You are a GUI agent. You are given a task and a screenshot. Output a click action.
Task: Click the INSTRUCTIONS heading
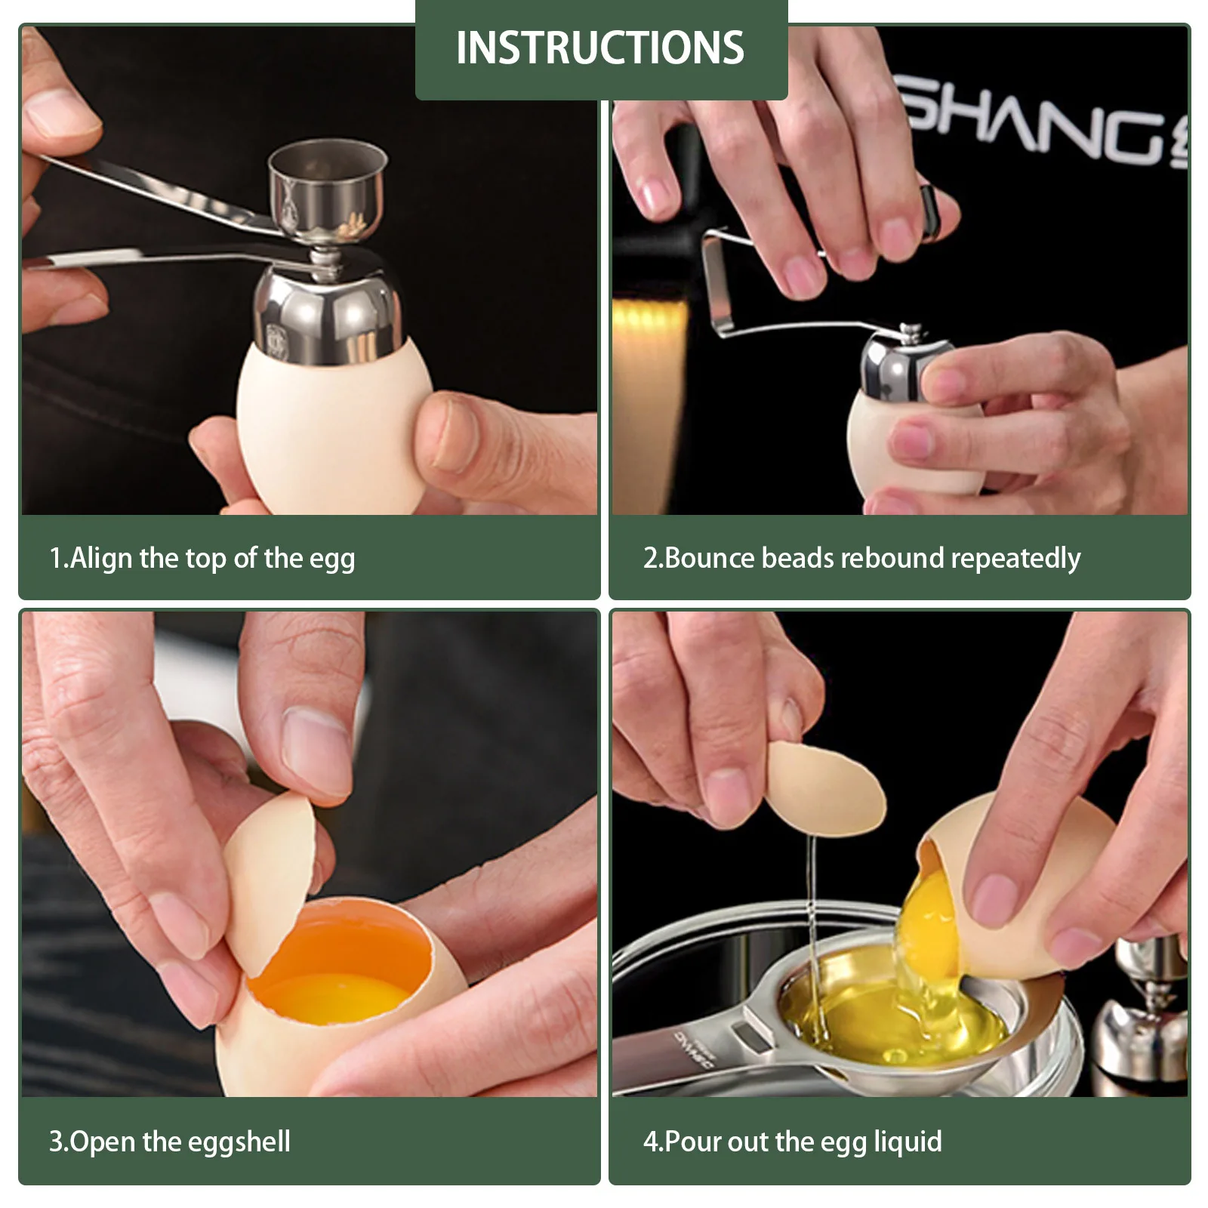pos(600,48)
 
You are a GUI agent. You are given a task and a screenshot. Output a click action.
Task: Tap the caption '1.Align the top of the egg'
pos(202,559)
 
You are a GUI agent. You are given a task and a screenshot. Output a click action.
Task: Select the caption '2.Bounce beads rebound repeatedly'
pos(861,559)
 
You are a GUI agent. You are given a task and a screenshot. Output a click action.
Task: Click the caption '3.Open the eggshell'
pos(170,1142)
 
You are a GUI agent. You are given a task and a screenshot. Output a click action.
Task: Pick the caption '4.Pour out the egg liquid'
pos(792,1142)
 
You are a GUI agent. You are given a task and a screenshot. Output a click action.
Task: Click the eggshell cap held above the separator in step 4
pos(823,789)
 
